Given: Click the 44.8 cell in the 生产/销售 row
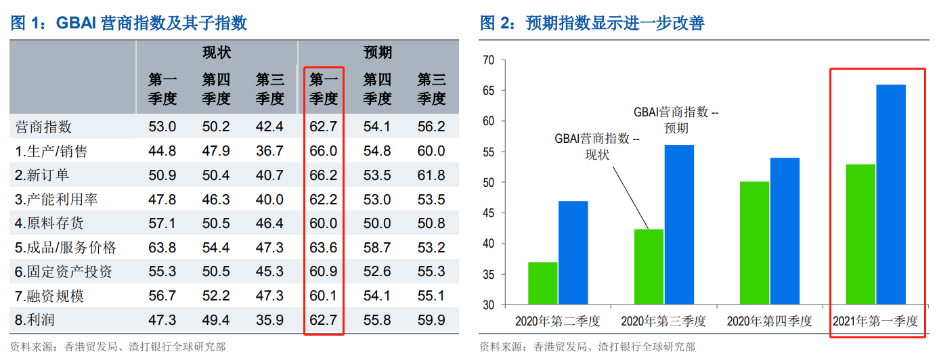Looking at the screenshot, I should (162, 151).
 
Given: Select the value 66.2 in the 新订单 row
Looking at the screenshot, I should (324, 175).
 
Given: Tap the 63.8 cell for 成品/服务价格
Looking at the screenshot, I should (162, 248).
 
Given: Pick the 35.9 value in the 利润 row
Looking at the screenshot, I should (269, 320).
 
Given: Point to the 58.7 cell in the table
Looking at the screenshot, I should (377, 248).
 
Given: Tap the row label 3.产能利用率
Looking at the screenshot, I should (56, 200).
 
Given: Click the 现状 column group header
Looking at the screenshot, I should (216, 52).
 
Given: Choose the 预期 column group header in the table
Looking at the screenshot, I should (377, 52).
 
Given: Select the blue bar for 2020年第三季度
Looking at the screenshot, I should (679, 225).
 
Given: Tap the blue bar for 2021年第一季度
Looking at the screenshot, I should (891, 194).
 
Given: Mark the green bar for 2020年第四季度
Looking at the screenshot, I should (755, 243).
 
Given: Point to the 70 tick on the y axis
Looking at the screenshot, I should (489, 60).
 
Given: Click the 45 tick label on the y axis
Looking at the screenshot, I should (489, 213).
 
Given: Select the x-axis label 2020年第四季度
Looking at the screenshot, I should (770, 321).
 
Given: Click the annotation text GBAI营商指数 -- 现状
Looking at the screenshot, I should (596, 146).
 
